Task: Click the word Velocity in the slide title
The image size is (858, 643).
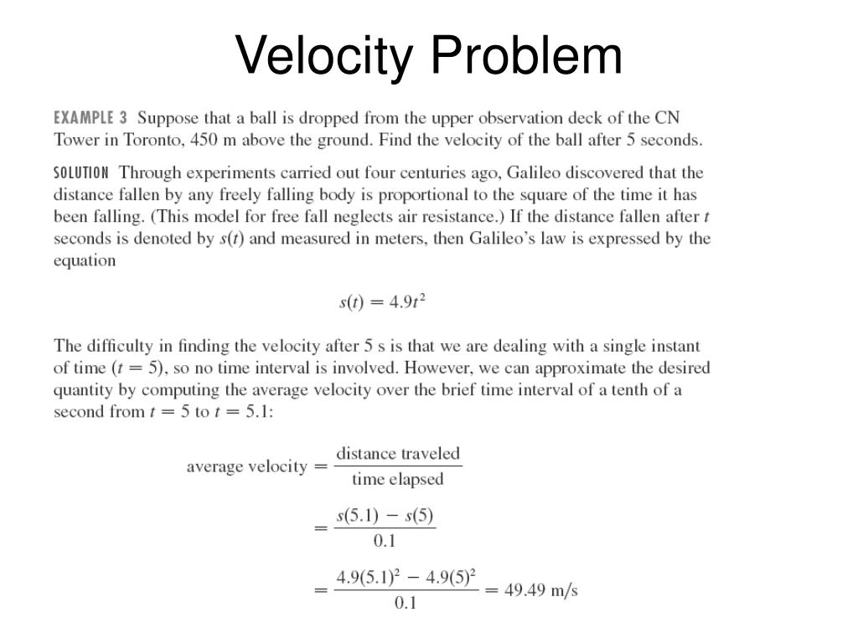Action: point(325,55)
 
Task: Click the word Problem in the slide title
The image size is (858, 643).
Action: point(527,55)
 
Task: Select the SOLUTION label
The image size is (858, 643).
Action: point(80,173)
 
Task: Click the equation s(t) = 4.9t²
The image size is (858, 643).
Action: point(382,302)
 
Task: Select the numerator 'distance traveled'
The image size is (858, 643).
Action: point(398,454)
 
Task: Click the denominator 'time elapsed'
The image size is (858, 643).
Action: point(397,480)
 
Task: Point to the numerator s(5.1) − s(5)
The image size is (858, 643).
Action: point(385,517)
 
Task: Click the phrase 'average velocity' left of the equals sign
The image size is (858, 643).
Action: point(246,466)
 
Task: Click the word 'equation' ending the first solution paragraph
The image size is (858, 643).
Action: point(85,260)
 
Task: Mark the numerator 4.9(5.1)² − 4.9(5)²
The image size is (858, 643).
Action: point(406,578)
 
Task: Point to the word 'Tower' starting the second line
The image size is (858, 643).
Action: point(76,140)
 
